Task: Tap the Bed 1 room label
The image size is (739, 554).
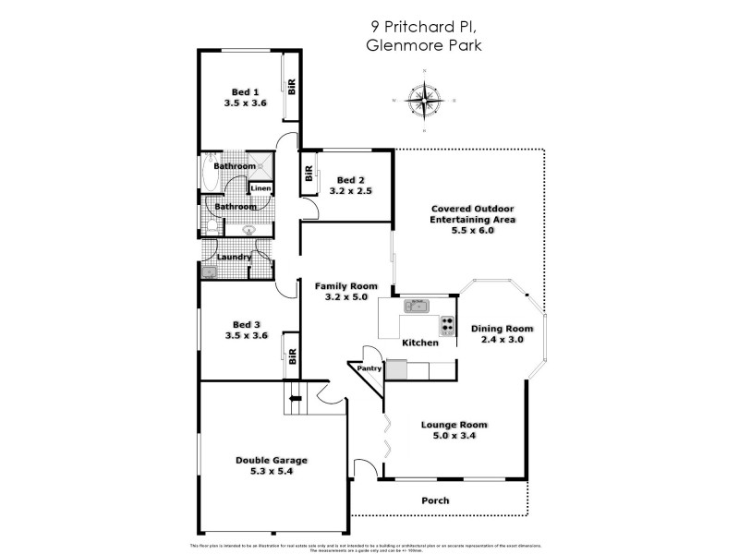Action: (245, 91)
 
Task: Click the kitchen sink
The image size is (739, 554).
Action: (416, 303)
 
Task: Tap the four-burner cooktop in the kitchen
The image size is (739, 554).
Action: (448, 325)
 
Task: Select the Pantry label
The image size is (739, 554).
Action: (369, 368)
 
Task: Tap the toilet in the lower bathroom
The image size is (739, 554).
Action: (211, 225)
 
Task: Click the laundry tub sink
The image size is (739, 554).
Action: (210, 271)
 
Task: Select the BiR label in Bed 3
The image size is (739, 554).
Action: (292, 357)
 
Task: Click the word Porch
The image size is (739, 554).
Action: (435, 500)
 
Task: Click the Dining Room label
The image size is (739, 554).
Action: (503, 328)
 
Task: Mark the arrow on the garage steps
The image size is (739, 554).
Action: (296, 399)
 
